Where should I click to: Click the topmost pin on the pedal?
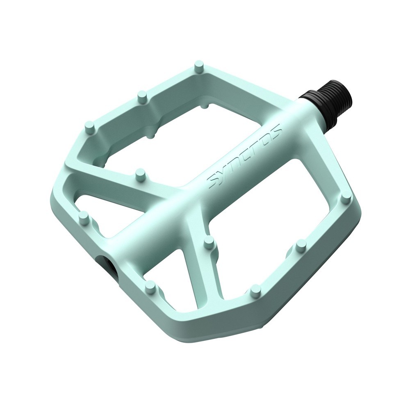199,68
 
